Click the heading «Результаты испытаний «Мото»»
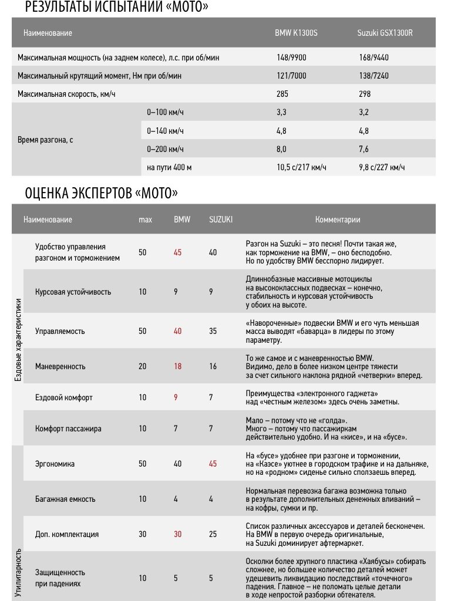point(116,7)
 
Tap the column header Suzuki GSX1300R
point(385,33)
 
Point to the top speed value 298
point(364,94)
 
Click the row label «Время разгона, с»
point(45,140)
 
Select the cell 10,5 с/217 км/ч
point(301,167)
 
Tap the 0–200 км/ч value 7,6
point(364,149)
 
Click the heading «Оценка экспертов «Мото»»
point(101,193)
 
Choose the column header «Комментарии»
point(338,220)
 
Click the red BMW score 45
point(178,252)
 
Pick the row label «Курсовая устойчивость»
point(73,292)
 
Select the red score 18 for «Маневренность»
point(178,366)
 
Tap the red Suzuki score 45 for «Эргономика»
point(213,464)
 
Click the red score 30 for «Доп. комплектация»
point(178,534)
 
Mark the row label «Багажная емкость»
point(65,499)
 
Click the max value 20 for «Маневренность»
point(143,366)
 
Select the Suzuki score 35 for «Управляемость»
point(213,331)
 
